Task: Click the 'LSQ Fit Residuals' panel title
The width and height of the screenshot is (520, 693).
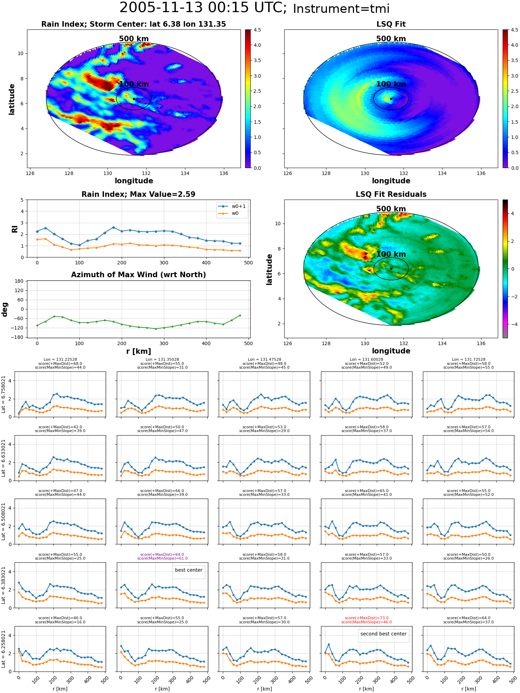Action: pos(391,194)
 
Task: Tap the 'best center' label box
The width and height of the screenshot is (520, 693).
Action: pos(189,570)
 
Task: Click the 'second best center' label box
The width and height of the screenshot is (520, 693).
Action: pos(383,634)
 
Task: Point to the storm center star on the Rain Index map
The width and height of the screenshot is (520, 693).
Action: pos(134,99)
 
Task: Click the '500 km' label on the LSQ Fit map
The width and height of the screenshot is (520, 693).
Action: pos(391,39)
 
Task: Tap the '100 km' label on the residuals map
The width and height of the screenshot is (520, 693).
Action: pos(391,254)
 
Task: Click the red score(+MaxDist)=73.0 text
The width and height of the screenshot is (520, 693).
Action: pos(366,618)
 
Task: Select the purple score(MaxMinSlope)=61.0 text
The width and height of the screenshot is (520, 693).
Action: pos(162,558)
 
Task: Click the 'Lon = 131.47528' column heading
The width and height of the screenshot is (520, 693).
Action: pos(265,360)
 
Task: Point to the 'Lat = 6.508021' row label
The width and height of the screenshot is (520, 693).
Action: pos(3,521)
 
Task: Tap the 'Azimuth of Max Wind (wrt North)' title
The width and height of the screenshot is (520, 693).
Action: pos(138,275)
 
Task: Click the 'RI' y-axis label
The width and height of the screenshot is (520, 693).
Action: pos(15,229)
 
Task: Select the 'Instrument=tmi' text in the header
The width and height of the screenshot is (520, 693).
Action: pos(341,9)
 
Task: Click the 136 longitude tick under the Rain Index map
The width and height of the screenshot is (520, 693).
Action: pos(224,173)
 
